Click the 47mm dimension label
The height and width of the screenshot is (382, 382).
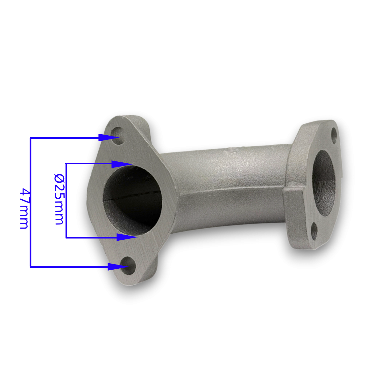(x=24, y=209)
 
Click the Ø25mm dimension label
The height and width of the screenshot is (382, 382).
(x=59, y=199)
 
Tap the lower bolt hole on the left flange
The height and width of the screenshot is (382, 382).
(x=129, y=265)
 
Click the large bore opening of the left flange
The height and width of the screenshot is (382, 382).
(x=133, y=201)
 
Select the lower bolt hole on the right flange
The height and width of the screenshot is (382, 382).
(x=314, y=231)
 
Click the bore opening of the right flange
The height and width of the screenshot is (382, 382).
(x=324, y=183)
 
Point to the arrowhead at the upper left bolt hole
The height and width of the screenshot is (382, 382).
(x=109, y=138)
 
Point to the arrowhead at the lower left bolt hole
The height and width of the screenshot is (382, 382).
(x=118, y=267)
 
